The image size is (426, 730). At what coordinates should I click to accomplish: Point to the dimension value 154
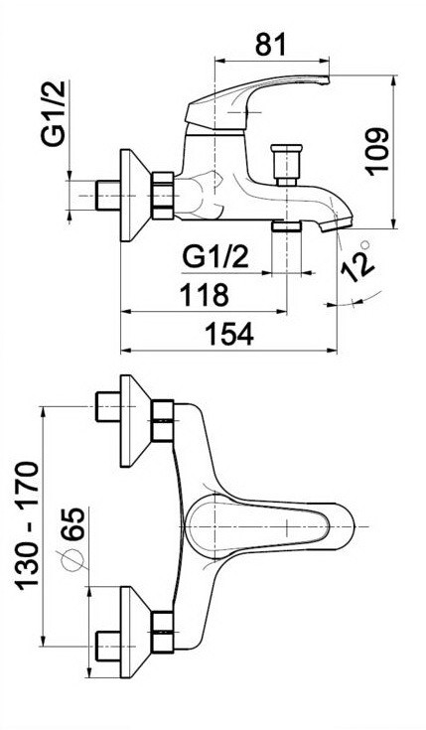(229, 334)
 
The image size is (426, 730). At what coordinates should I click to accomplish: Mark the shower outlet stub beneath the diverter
(287, 227)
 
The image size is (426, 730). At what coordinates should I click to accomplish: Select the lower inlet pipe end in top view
(105, 646)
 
